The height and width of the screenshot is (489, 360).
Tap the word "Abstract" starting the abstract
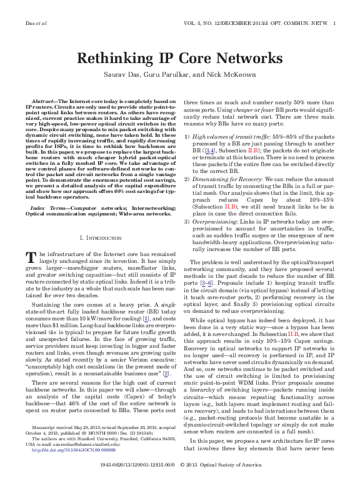click(42, 101)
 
